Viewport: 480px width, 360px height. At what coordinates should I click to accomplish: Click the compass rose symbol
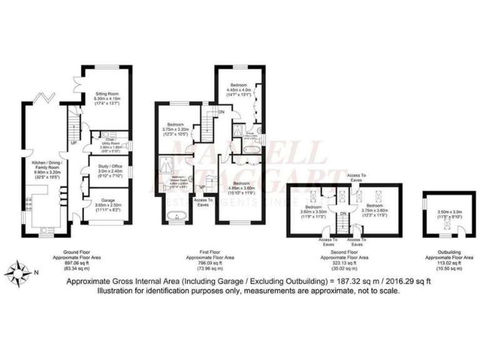click(x=20, y=271)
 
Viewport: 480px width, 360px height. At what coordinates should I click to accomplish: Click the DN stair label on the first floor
click(x=222, y=112)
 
